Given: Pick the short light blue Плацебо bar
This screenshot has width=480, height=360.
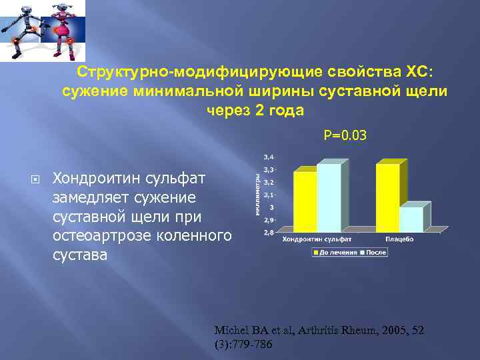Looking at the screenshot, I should pyautogui.click(x=411, y=219).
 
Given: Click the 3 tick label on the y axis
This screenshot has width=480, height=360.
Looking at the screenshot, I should pyautogui.click(x=271, y=207).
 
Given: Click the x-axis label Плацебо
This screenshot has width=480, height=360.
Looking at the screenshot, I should pyautogui.click(x=399, y=239).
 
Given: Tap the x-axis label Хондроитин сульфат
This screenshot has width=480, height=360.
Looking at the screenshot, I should pyautogui.click(x=317, y=239).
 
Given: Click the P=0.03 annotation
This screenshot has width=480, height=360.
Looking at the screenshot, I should pyautogui.click(x=345, y=136).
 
